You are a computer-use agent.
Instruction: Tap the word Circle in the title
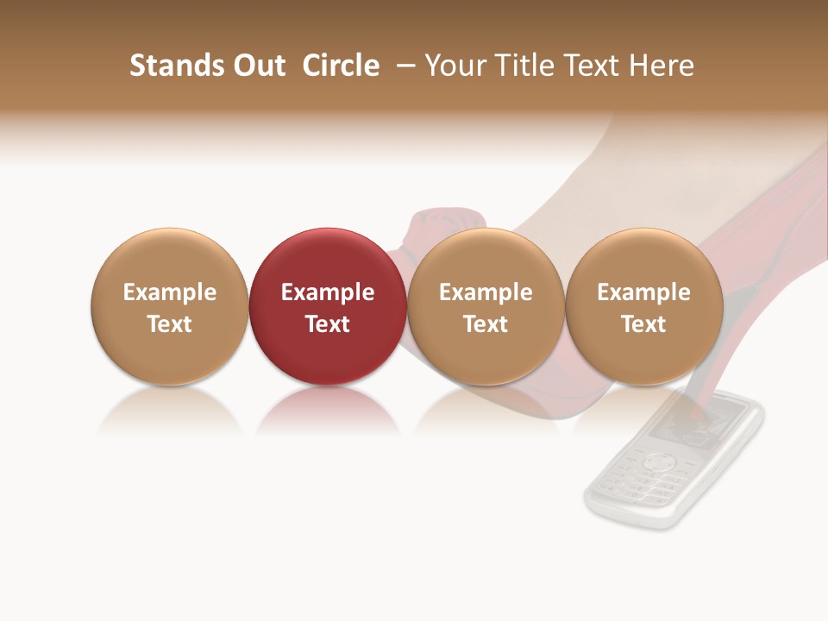(x=341, y=66)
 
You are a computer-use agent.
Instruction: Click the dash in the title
(x=407, y=66)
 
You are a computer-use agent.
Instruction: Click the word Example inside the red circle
(x=328, y=292)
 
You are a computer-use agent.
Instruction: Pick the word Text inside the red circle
(x=328, y=324)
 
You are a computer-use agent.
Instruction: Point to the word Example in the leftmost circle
(x=169, y=292)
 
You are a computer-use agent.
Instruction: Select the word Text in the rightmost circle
(x=643, y=324)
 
